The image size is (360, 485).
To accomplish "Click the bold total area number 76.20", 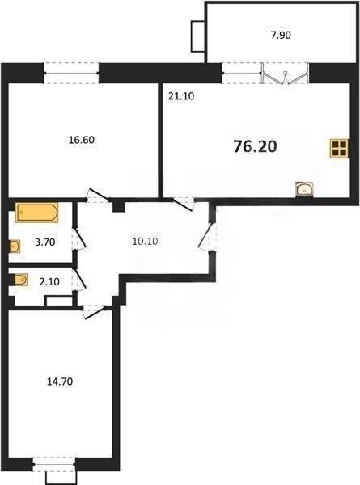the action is coord(255,146).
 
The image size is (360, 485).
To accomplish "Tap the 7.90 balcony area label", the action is coord(281,36).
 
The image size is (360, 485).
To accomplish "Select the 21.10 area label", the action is coord(181,96).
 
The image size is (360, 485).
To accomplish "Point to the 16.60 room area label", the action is coord(82,140).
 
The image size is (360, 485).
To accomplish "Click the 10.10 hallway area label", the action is coord(145,241).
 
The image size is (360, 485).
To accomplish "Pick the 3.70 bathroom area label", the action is coord(45,242).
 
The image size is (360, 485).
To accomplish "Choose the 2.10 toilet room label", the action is coord(49,282).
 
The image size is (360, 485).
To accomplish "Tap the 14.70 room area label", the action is coord(60,382).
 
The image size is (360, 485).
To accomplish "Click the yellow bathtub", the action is coord(37,213).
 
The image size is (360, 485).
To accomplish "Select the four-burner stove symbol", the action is coord(340,149).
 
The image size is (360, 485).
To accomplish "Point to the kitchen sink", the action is coord(305,189).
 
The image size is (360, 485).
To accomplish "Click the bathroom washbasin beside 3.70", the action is coord(15,247).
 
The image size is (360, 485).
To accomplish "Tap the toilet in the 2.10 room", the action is coord(19,280).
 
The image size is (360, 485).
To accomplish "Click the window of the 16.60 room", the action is coord(71,74).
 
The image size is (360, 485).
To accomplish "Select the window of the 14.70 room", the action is coord(54,465).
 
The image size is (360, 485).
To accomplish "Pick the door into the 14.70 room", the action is coord(94,312).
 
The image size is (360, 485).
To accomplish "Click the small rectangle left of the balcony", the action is coord(198,36).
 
